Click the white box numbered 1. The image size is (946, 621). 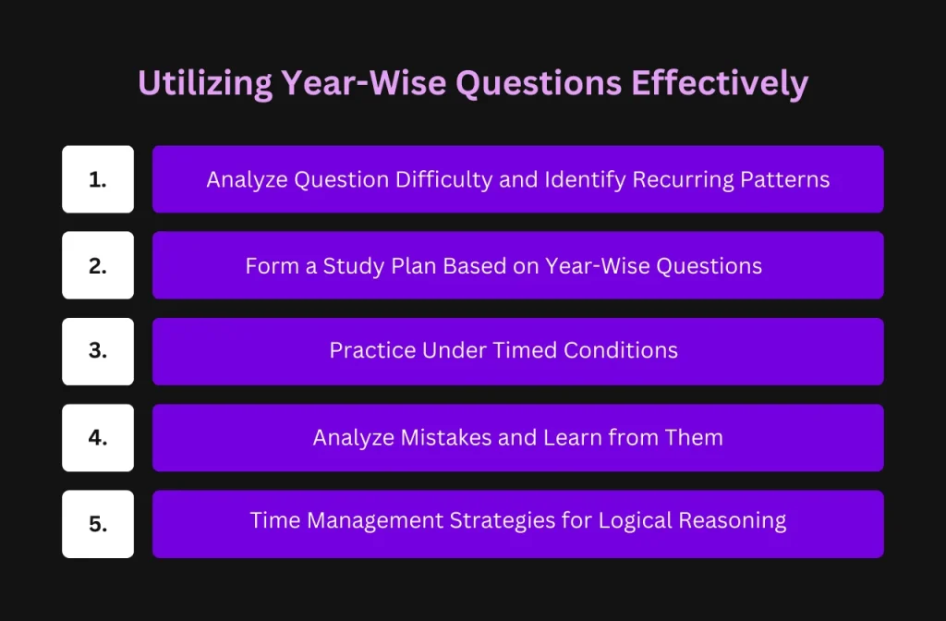click(x=98, y=179)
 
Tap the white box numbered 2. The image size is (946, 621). click(x=98, y=265)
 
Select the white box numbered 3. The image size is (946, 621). click(x=98, y=351)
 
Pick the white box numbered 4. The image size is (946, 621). click(x=98, y=437)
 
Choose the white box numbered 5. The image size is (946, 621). click(x=98, y=524)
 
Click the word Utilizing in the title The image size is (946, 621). click(x=205, y=83)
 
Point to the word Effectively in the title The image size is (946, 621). click(x=720, y=83)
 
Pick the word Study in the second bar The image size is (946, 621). click(x=354, y=266)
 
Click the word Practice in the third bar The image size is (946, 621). click(x=373, y=350)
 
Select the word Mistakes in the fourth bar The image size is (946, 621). click(x=446, y=437)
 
